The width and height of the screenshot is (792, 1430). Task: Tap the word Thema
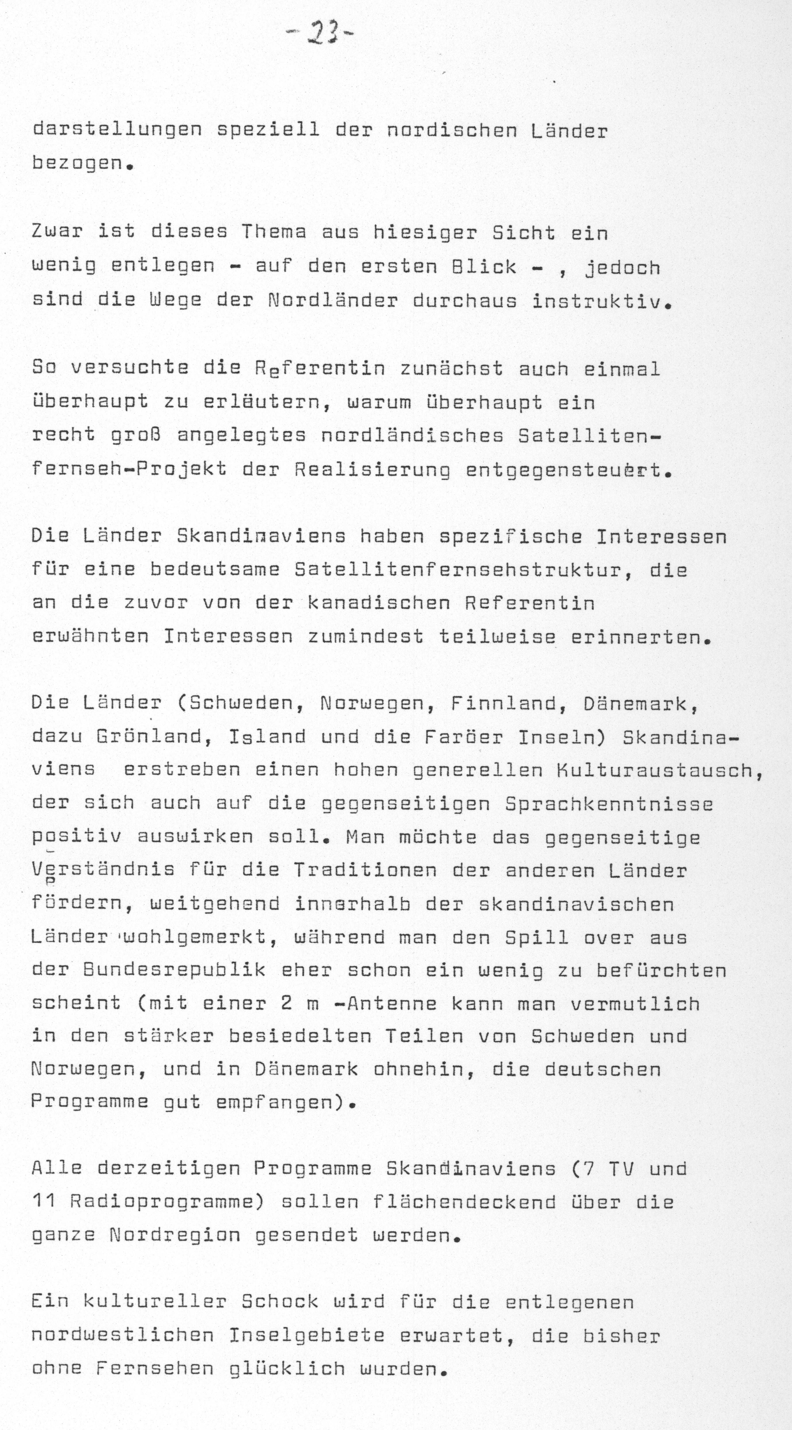click(x=273, y=232)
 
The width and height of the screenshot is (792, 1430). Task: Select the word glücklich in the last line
click(x=287, y=1368)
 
